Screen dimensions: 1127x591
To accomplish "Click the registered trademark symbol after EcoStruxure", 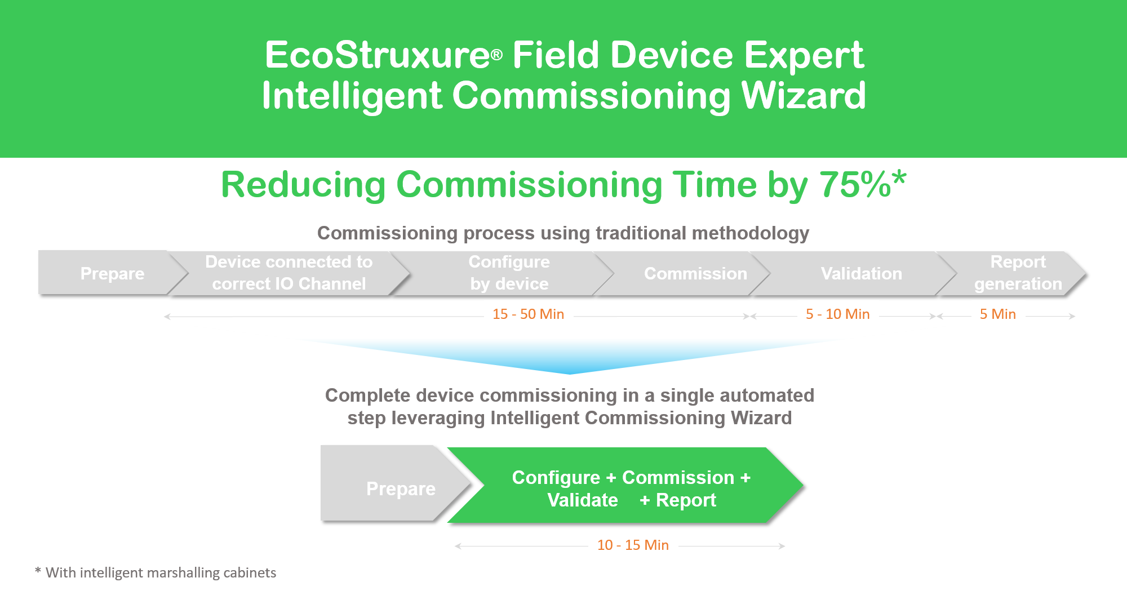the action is pyautogui.click(x=496, y=55).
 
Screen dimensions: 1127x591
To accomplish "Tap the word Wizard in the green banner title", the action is pyautogui.click(x=804, y=96).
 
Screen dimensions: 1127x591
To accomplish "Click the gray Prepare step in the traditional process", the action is pyautogui.click(x=113, y=273).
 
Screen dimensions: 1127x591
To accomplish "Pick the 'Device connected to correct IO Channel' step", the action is pyautogui.click(x=289, y=273).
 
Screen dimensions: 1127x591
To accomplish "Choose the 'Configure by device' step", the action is pyautogui.click(x=509, y=273).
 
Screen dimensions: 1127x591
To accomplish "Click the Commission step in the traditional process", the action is pyautogui.click(x=695, y=274).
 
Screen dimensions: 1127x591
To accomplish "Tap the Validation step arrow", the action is pyautogui.click(x=861, y=274).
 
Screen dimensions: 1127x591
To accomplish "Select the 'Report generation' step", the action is pyautogui.click(x=1018, y=273).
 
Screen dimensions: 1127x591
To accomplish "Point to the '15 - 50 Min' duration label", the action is pyautogui.click(x=528, y=314).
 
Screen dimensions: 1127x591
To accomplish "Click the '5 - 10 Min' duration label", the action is pyautogui.click(x=837, y=314).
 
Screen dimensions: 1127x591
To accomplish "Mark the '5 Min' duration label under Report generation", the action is pyautogui.click(x=997, y=314).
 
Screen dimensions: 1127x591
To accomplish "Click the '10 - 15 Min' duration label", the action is pyautogui.click(x=633, y=545).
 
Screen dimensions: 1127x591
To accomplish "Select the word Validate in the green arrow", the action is pyautogui.click(x=583, y=500).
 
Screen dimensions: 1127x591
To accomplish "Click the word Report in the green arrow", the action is pyautogui.click(x=686, y=500).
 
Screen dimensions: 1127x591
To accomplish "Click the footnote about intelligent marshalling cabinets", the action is pyautogui.click(x=156, y=573).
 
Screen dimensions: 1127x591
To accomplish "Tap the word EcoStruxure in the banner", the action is pyautogui.click(x=378, y=55).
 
